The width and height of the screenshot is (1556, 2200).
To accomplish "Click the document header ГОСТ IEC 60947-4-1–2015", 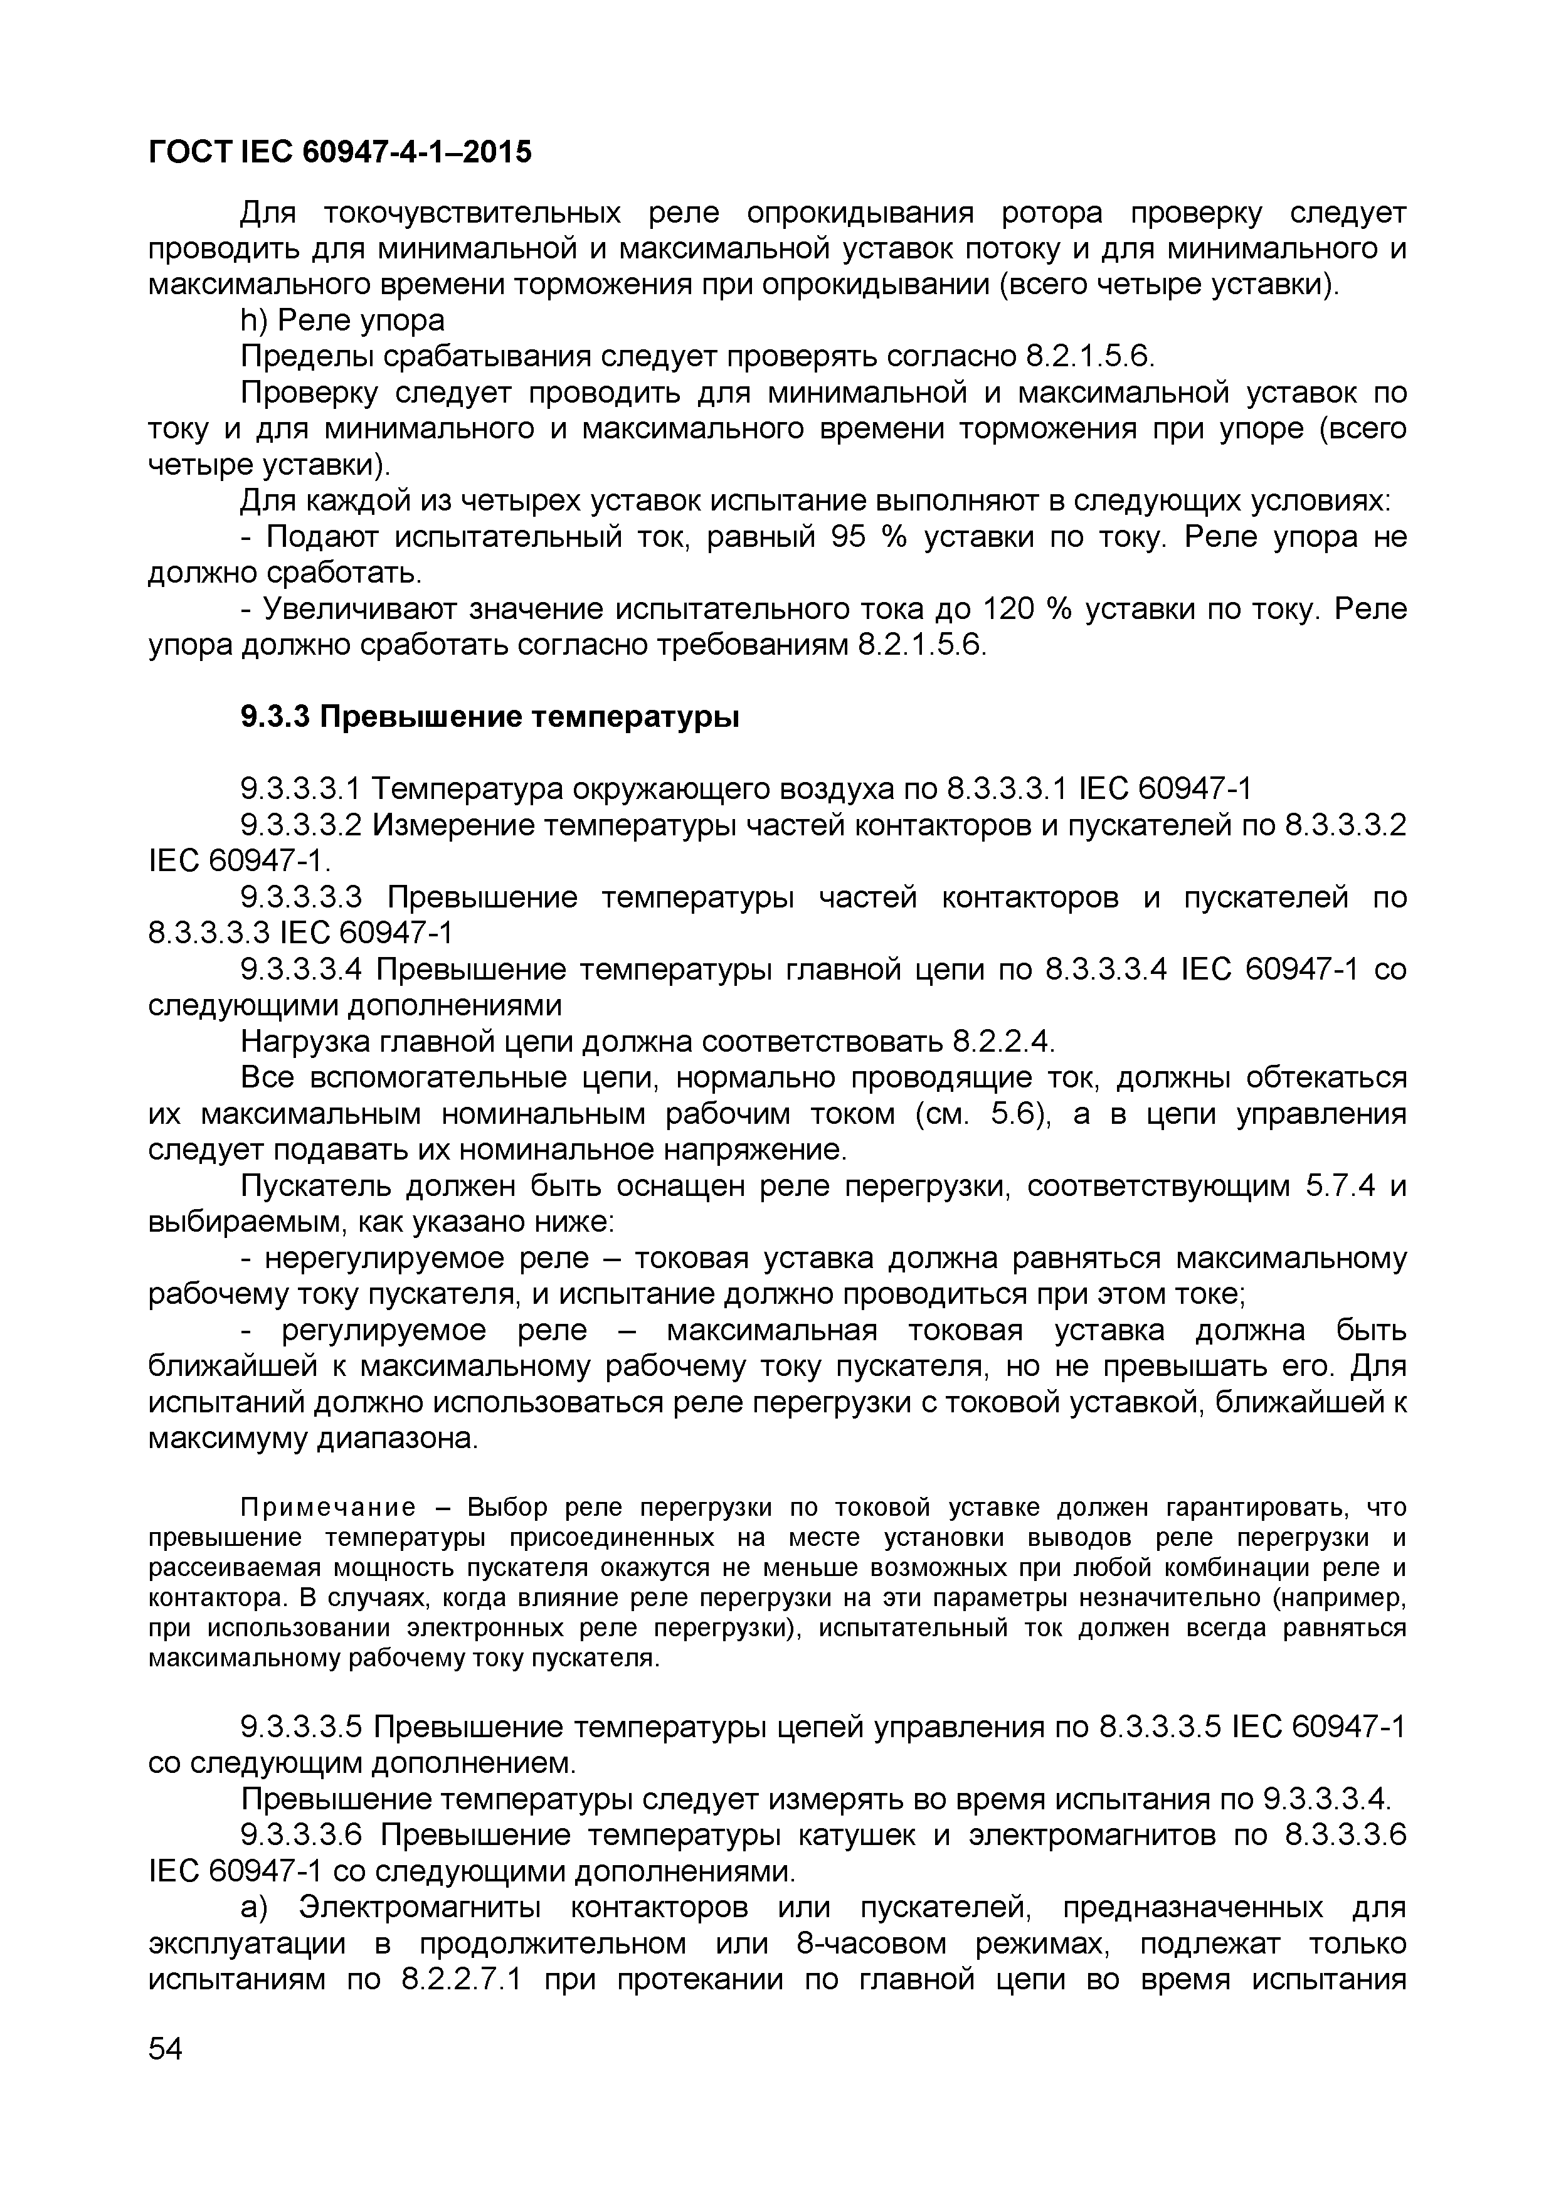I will point(339,151).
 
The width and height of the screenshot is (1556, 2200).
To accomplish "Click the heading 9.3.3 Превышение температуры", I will point(490,716).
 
